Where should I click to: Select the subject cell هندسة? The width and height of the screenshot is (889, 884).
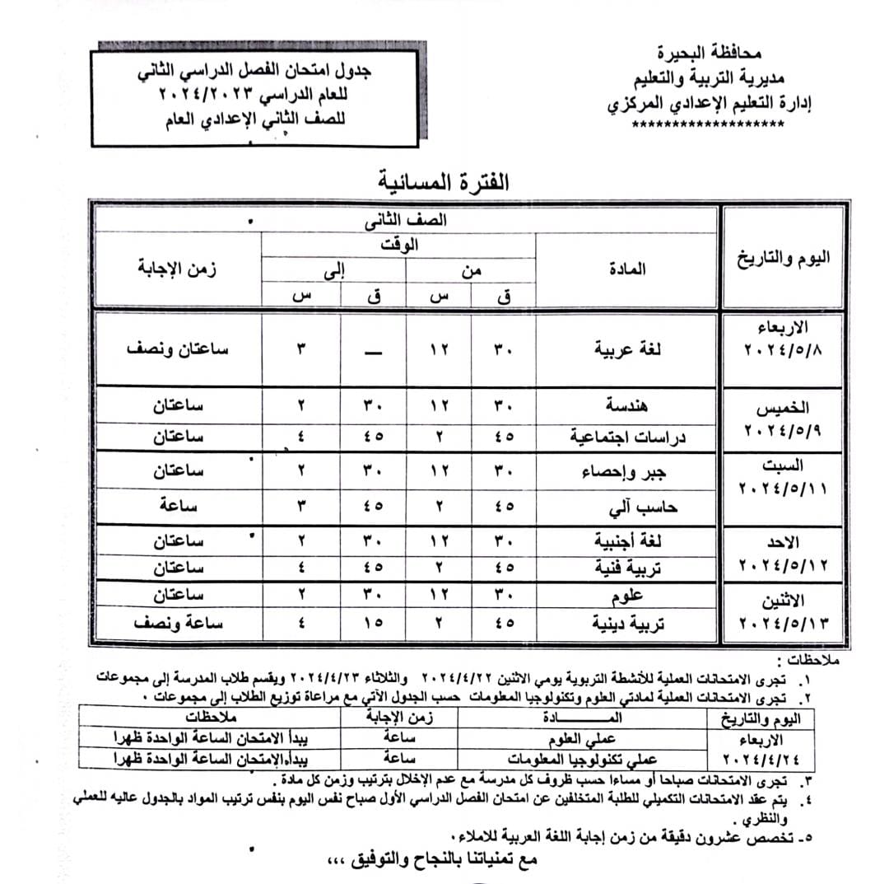tap(630, 406)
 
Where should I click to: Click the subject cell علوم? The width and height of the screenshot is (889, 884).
tap(630, 596)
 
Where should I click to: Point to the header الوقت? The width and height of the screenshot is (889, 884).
tap(401, 245)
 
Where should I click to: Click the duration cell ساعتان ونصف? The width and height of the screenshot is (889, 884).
tap(178, 348)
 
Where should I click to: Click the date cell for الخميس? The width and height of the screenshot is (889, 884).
tap(783, 419)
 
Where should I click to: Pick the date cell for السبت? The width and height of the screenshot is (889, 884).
tap(783, 478)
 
